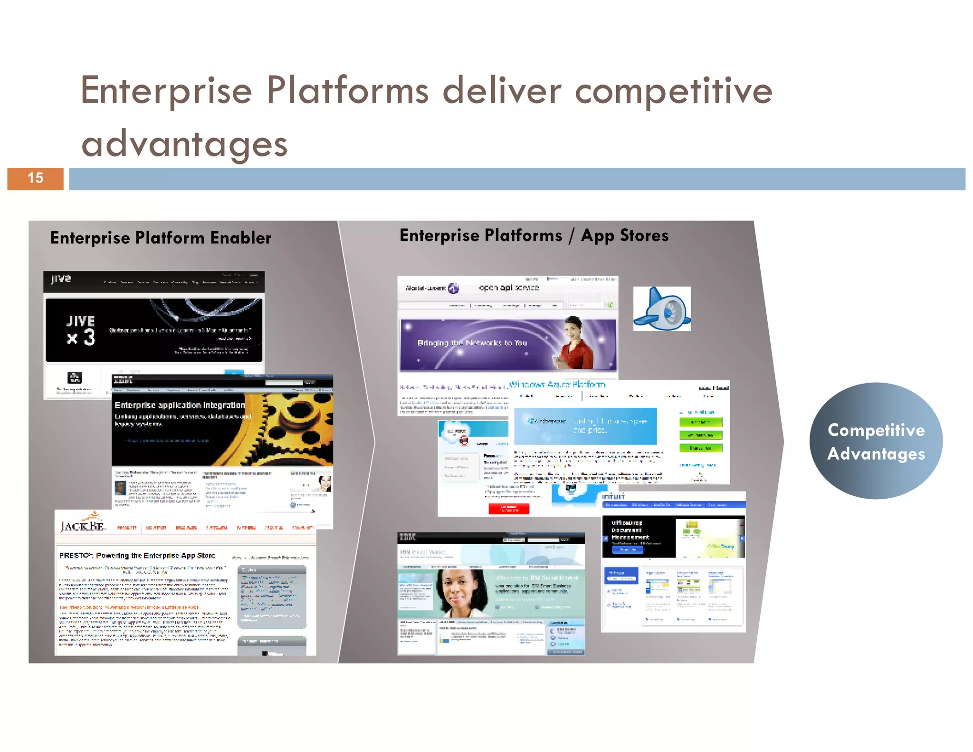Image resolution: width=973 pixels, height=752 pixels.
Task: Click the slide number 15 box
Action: [x=35, y=178]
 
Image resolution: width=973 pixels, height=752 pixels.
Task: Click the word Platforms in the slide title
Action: [x=347, y=90]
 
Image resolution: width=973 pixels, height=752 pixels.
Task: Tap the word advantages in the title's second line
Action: [x=184, y=144]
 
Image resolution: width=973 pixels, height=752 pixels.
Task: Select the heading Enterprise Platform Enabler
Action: [x=161, y=238]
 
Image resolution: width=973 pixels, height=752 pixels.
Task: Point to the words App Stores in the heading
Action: [x=624, y=235]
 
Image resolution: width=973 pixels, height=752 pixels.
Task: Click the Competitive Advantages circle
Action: [x=876, y=441]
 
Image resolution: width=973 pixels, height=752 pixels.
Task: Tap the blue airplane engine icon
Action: [x=662, y=309]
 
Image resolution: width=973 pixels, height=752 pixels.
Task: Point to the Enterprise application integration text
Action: [x=180, y=405]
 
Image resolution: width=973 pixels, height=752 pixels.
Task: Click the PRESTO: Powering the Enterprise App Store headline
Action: [x=137, y=555]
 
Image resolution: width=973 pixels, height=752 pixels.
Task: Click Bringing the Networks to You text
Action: [x=472, y=343]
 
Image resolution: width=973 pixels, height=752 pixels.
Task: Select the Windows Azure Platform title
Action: [x=557, y=384]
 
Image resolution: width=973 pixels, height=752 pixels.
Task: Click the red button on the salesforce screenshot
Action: [x=508, y=509]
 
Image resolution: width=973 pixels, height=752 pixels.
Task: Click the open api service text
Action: [x=508, y=288]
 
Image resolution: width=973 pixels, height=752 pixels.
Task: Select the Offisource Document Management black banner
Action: [x=638, y=536]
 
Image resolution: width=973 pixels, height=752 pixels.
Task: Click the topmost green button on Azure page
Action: [x=700, y=422]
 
